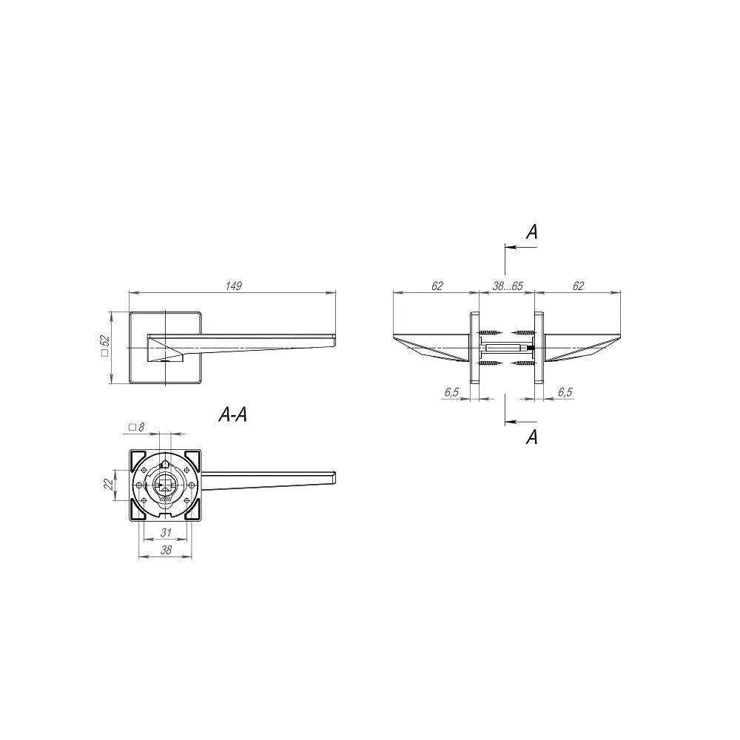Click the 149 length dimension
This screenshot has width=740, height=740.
click(x=234, y=286)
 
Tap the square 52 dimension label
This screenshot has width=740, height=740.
click(x=105, y=345)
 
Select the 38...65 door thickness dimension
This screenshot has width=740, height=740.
click(x=508, y=286)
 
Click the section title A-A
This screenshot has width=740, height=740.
click(x=232, y=414)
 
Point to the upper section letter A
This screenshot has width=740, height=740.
click(x=532, y=232)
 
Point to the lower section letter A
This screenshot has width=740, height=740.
click(x=532, y=437)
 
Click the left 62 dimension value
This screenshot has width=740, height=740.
click(x=437, y=286)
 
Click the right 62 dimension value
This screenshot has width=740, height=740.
click(x=578, y=286)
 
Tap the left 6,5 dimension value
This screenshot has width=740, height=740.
click(x=451, y=392)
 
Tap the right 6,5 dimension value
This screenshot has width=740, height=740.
click(x=565, y=392)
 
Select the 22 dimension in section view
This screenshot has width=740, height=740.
click(x=109, y=484)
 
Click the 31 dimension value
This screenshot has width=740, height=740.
click(x=166, y=533)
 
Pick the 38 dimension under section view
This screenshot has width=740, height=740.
click(x=166, y=550)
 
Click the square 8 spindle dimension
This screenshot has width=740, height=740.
click(x=136, y=427)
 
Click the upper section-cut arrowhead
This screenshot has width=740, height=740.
click(x=510, y=247)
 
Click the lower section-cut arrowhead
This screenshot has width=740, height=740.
click(x=510, y=422)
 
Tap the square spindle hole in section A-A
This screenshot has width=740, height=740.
click(x=165, y=485)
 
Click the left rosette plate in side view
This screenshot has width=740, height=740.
click(x=474, y=347)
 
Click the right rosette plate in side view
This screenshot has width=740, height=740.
click(x=539, y=347)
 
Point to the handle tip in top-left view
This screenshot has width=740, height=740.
click(x=334, y=340)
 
